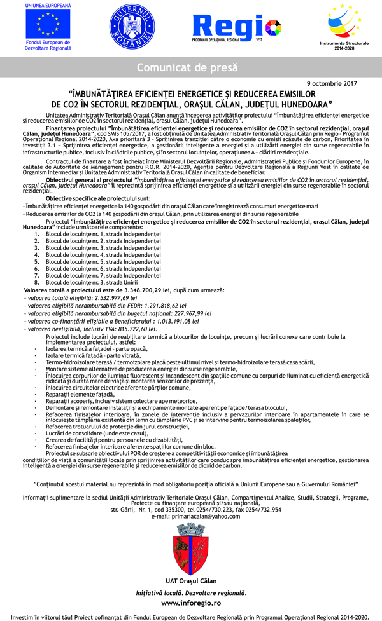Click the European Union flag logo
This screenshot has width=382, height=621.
point(48,24)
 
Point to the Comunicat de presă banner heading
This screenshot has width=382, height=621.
point(190,67)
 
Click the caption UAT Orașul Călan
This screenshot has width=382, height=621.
point(191,581)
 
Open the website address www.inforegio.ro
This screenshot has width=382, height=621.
point(191,602)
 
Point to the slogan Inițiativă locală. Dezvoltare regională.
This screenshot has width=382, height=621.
point(191,592)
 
